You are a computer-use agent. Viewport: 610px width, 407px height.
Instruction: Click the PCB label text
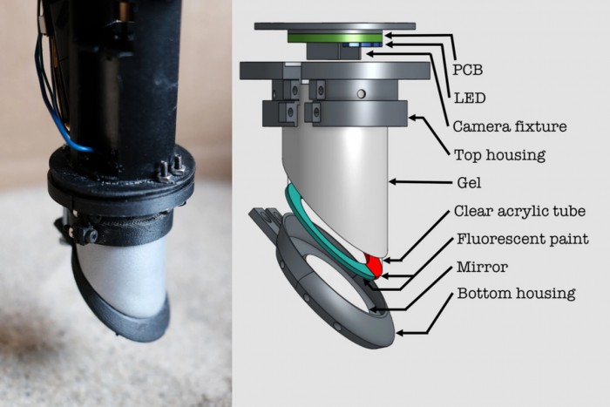tap(468, 70)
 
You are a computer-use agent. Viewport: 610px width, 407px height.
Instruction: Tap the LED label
tap(470, 98)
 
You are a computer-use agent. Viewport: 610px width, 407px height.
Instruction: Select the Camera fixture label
tap(510, 126)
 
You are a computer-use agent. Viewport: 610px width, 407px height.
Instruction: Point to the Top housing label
tap(499, 155)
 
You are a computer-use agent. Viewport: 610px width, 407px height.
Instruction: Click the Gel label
tap(469, 182)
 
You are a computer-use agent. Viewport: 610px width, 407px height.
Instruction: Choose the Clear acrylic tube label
tap(519, 211)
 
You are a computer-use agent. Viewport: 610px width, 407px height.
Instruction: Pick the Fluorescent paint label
tap(523, 239)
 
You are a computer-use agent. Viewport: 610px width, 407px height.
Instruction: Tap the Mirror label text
tap(483, 267)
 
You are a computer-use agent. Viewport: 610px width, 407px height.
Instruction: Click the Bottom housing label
tap(516, 294)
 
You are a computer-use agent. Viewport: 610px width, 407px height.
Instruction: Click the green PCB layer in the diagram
tap(335, 37)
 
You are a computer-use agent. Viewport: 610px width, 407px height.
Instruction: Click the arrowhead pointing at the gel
tap(393, 181)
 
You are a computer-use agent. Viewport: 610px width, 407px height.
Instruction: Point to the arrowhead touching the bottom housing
tap(400, 333)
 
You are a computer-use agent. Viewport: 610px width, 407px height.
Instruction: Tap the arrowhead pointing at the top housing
tap(413, 117)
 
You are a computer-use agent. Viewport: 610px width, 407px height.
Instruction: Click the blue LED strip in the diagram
tap(362, 44)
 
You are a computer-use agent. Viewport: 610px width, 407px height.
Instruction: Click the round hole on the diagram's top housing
tap(362, 94)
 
